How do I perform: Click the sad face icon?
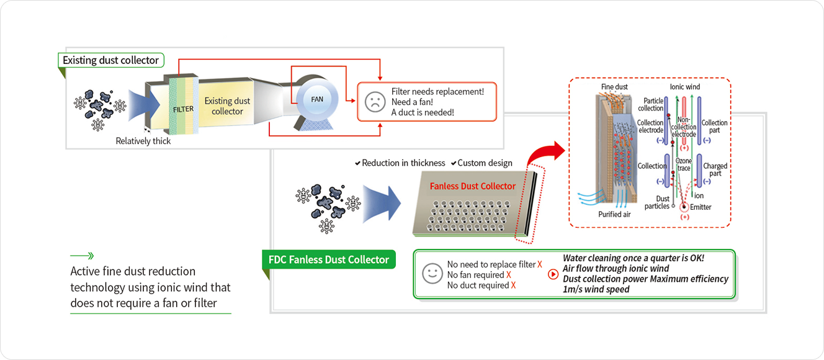[x=375, y=102]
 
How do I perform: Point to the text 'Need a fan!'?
[x=413, y=102]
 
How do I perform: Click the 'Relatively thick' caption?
[x=143, y=141]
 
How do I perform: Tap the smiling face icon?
[x=431, y=274]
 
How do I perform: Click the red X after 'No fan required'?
[x=509, y=275]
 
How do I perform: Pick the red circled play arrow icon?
[x=553, y=274]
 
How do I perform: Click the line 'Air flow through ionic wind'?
[x=616, y=269]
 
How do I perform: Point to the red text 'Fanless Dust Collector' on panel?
[x=473, y=186]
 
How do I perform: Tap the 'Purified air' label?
[x=615, y=214]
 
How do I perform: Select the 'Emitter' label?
[x=701, y=207]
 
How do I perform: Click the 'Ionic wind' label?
[x=684, y=87]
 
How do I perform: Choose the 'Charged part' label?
[x=715, y=169]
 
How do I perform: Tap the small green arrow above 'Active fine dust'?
[x=82, y=255]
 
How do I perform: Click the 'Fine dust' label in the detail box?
[x=614, y=87]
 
